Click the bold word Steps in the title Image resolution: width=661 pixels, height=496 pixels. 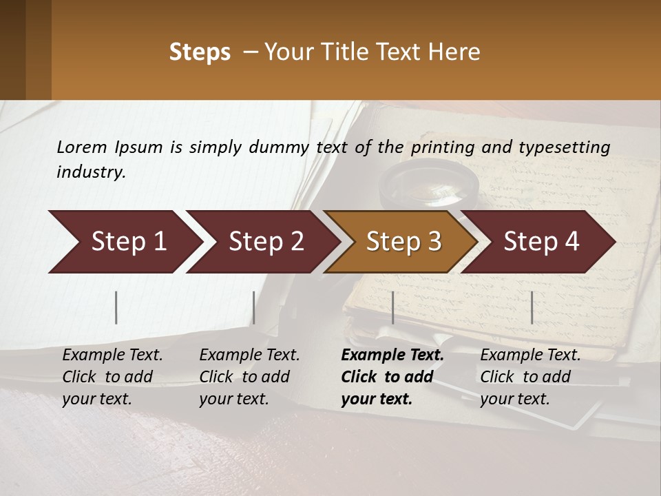(x=200, y=52)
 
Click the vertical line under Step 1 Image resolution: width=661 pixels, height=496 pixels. (x=116, y=307)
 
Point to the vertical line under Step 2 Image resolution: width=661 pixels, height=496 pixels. (x=254, y=307)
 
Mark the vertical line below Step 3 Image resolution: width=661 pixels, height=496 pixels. (x=392, y=307)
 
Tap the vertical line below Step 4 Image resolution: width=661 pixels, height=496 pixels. (x=532, y=307)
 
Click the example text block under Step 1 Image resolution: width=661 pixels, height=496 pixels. (x=112, y=377)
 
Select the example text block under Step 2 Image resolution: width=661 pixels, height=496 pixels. (x=249, y=377)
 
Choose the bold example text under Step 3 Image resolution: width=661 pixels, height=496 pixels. (x=392, y=377)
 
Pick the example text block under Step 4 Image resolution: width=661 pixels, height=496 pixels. (x=530, y=377)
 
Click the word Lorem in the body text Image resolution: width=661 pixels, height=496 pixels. (x=82, y=147)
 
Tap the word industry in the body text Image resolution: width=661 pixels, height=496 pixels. (x=90, y=172)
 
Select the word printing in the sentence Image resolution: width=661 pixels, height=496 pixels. (x=450, y=147)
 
